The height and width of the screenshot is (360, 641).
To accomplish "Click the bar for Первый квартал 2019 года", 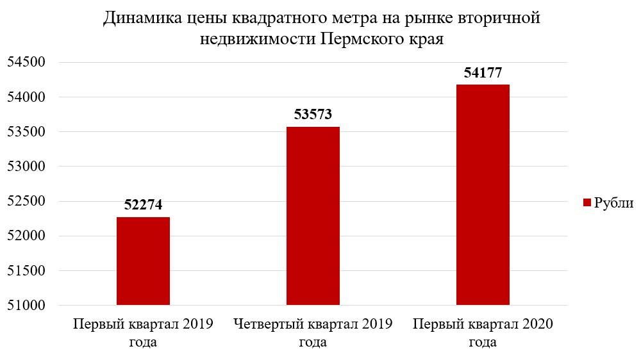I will pyautogui.click(x=143, y=261).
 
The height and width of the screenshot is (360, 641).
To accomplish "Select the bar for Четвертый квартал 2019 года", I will pyautogui.click(x=313, y=216).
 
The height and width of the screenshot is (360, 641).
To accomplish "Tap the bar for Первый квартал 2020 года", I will pyautogui.click(x=483, y=195).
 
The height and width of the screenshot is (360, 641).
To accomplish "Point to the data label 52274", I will pyautogui.click(x=143, y=205).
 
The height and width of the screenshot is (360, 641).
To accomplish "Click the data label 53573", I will pyautogui.click(x=313, y=115).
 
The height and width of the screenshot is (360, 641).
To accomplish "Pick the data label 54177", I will pyautogui.click(x=483, y=73).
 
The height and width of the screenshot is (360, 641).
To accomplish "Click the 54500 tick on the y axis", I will pyautogui.click(x=26, y=63).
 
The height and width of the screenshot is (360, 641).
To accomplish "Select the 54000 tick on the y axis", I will pyautogui.click(x=26, y=97).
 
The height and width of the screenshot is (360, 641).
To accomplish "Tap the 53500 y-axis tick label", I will pyautogui.click(x=26, y=132).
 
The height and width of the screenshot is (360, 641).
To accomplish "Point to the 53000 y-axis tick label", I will pyautogui.click(x=26, y=167).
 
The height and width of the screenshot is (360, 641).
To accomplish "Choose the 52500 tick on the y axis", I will pyautogui.click(x=26, y=201).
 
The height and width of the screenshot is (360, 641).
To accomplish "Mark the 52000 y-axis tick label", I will pyautogui.click(x=26, y=236).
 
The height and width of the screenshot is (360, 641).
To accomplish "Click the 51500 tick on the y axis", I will pyautogui.click(x=26, y=270).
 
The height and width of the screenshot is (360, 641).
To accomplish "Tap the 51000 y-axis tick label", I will pyautogui.click(x=26, y=305).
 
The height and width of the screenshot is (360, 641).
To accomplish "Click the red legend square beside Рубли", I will pyautogui.click(x=587, y=203).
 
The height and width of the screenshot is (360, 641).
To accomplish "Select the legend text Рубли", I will pyautogui.click(x=613, y=203).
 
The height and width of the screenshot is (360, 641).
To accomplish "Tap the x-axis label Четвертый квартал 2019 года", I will pyautogui.click(x=313, y=332).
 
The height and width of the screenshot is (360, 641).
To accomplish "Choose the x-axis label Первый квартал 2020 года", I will pyautogui.click(x=483, y=332).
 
